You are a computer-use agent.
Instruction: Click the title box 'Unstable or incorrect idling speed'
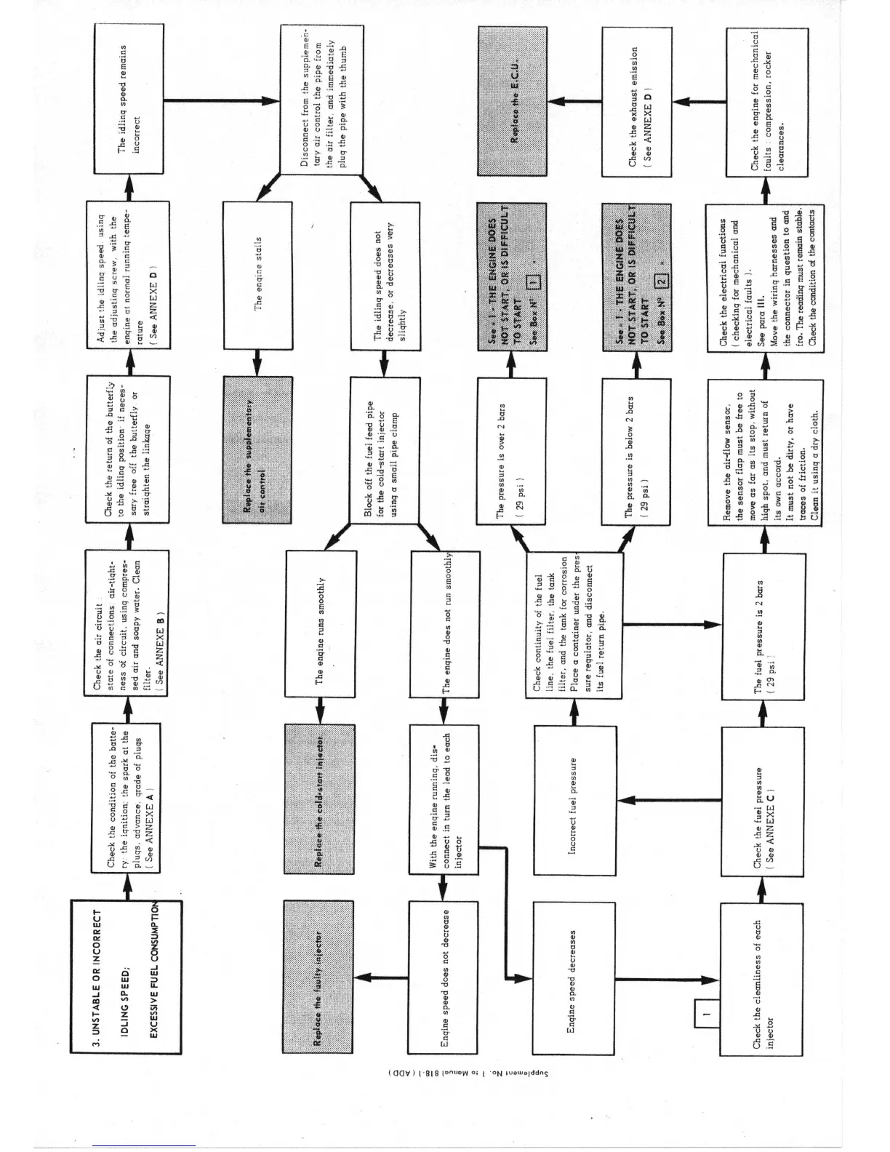pos(127,977)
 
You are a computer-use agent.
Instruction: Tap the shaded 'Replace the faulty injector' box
pos(318,976)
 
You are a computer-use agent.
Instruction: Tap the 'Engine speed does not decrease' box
pos(444,977)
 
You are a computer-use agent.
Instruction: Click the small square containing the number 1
pos(707,1011)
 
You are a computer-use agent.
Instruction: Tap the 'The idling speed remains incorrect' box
pos(131,100)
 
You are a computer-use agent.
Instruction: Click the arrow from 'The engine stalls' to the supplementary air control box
pos(257,361)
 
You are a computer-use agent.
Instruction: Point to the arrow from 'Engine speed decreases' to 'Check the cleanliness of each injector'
pos(662,977)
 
